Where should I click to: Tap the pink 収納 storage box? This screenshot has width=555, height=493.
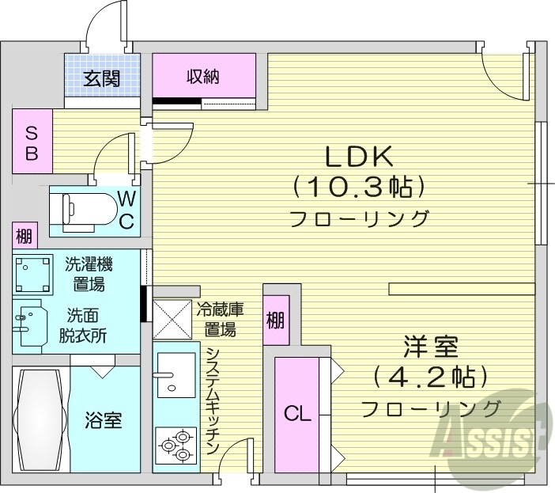(x=204, y=76)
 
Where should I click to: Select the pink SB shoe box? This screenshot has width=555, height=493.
(x=32, y=142)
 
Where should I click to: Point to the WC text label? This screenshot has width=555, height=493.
(x=126, y=209)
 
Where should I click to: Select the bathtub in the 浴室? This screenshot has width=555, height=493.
(x=38, y=419)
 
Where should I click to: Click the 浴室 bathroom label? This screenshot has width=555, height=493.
(x=103, y=419)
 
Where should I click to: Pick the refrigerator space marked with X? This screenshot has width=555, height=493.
(x=172, y=320)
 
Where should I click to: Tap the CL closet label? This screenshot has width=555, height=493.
(x=297, y=413)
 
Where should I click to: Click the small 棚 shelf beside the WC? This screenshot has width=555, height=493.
(x=25, y=236)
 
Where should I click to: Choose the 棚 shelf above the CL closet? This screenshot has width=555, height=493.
(x=275, y=320)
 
